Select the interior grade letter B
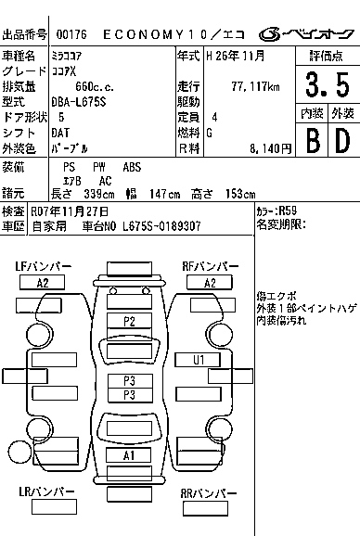pyautogui.click(x=311, y=140)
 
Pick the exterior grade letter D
pyautogui.click(x=341, y=140)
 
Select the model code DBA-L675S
pyautogui.click(x=81, y=102)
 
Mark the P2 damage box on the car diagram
pyautogui.click(x=129, y=321)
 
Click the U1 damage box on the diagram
pyautogui.click(x=198, y=359)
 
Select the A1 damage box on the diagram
pyautogui.click(x=129, y=455)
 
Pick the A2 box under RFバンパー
pyautogui.click(x=210, y=283)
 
